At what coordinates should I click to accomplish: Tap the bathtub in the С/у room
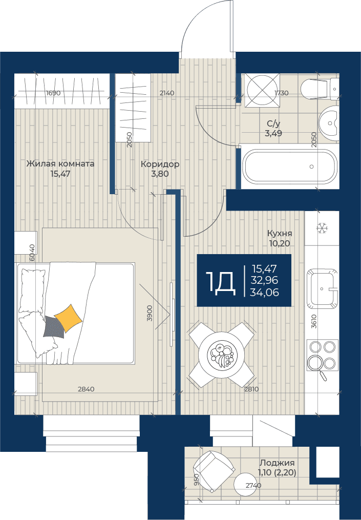[x=290, y=166]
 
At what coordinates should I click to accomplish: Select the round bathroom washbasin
[x=329, y=123]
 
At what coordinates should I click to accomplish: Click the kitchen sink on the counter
[x=322, y=288]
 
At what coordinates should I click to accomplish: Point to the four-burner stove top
[x=322, y=355]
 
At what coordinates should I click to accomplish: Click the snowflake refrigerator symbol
[x=321, y=228]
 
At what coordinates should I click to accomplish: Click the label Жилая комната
[x=60, y=163]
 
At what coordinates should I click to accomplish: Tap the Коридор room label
[x=160, y=164]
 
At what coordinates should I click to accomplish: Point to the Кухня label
[x=280, y=233]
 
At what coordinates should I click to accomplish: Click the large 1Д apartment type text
[x=221, y=283]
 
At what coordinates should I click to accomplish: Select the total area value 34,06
[x=264, y=292]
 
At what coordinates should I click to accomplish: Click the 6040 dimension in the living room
[x=32, y=253]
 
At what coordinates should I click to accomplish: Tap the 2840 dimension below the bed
[x=86, y=389]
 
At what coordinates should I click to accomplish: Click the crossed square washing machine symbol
[x=262, y=90]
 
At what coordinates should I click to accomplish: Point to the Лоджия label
[x=277, y=463]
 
